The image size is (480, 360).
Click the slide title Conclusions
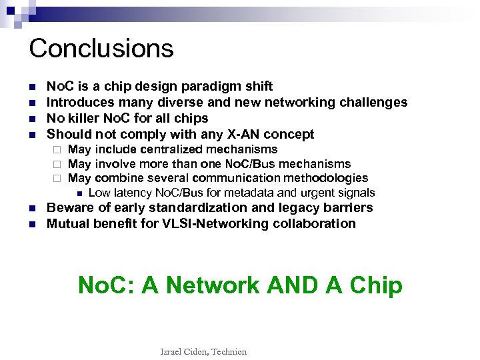pos(101,48)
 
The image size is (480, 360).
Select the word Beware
pos(69,207)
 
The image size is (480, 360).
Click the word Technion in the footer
pos(228,351)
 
